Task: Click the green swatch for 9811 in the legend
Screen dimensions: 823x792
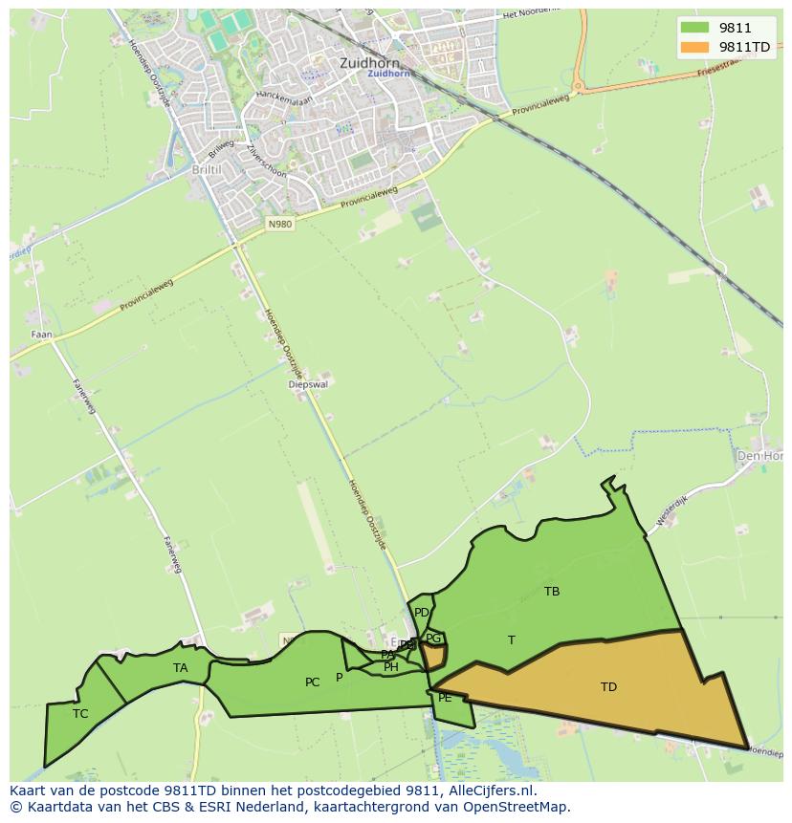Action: (694, 27)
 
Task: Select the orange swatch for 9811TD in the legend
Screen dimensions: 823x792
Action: (694, 47)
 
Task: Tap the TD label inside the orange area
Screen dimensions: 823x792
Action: (608, 687)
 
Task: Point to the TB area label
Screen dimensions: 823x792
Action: (552, 592)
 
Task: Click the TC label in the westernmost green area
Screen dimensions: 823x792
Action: (80, 714)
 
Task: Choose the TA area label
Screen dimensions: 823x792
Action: (181, 668)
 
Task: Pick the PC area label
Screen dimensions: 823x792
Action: (312, 682)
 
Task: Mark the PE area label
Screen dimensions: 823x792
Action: (445, 698)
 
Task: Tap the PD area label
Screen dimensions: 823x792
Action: (422, 613)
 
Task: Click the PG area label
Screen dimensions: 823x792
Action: (433, 639)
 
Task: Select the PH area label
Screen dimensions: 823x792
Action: (391, 667)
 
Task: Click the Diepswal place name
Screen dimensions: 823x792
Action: (308, 385)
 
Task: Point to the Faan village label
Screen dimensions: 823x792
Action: (41, 336)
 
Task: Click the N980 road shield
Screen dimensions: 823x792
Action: (279, 224)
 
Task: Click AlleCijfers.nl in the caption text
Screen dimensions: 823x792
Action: (488, 791)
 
